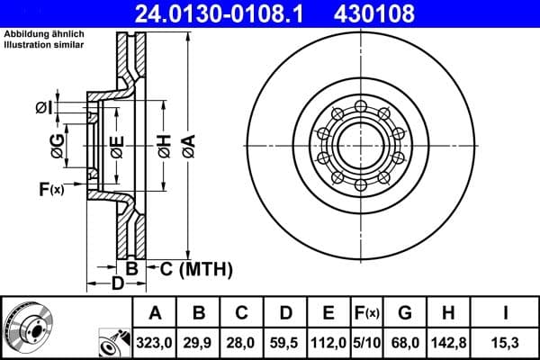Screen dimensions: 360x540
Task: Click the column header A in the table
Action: coord(155,313)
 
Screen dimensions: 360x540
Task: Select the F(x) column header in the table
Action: coord(367,313)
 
